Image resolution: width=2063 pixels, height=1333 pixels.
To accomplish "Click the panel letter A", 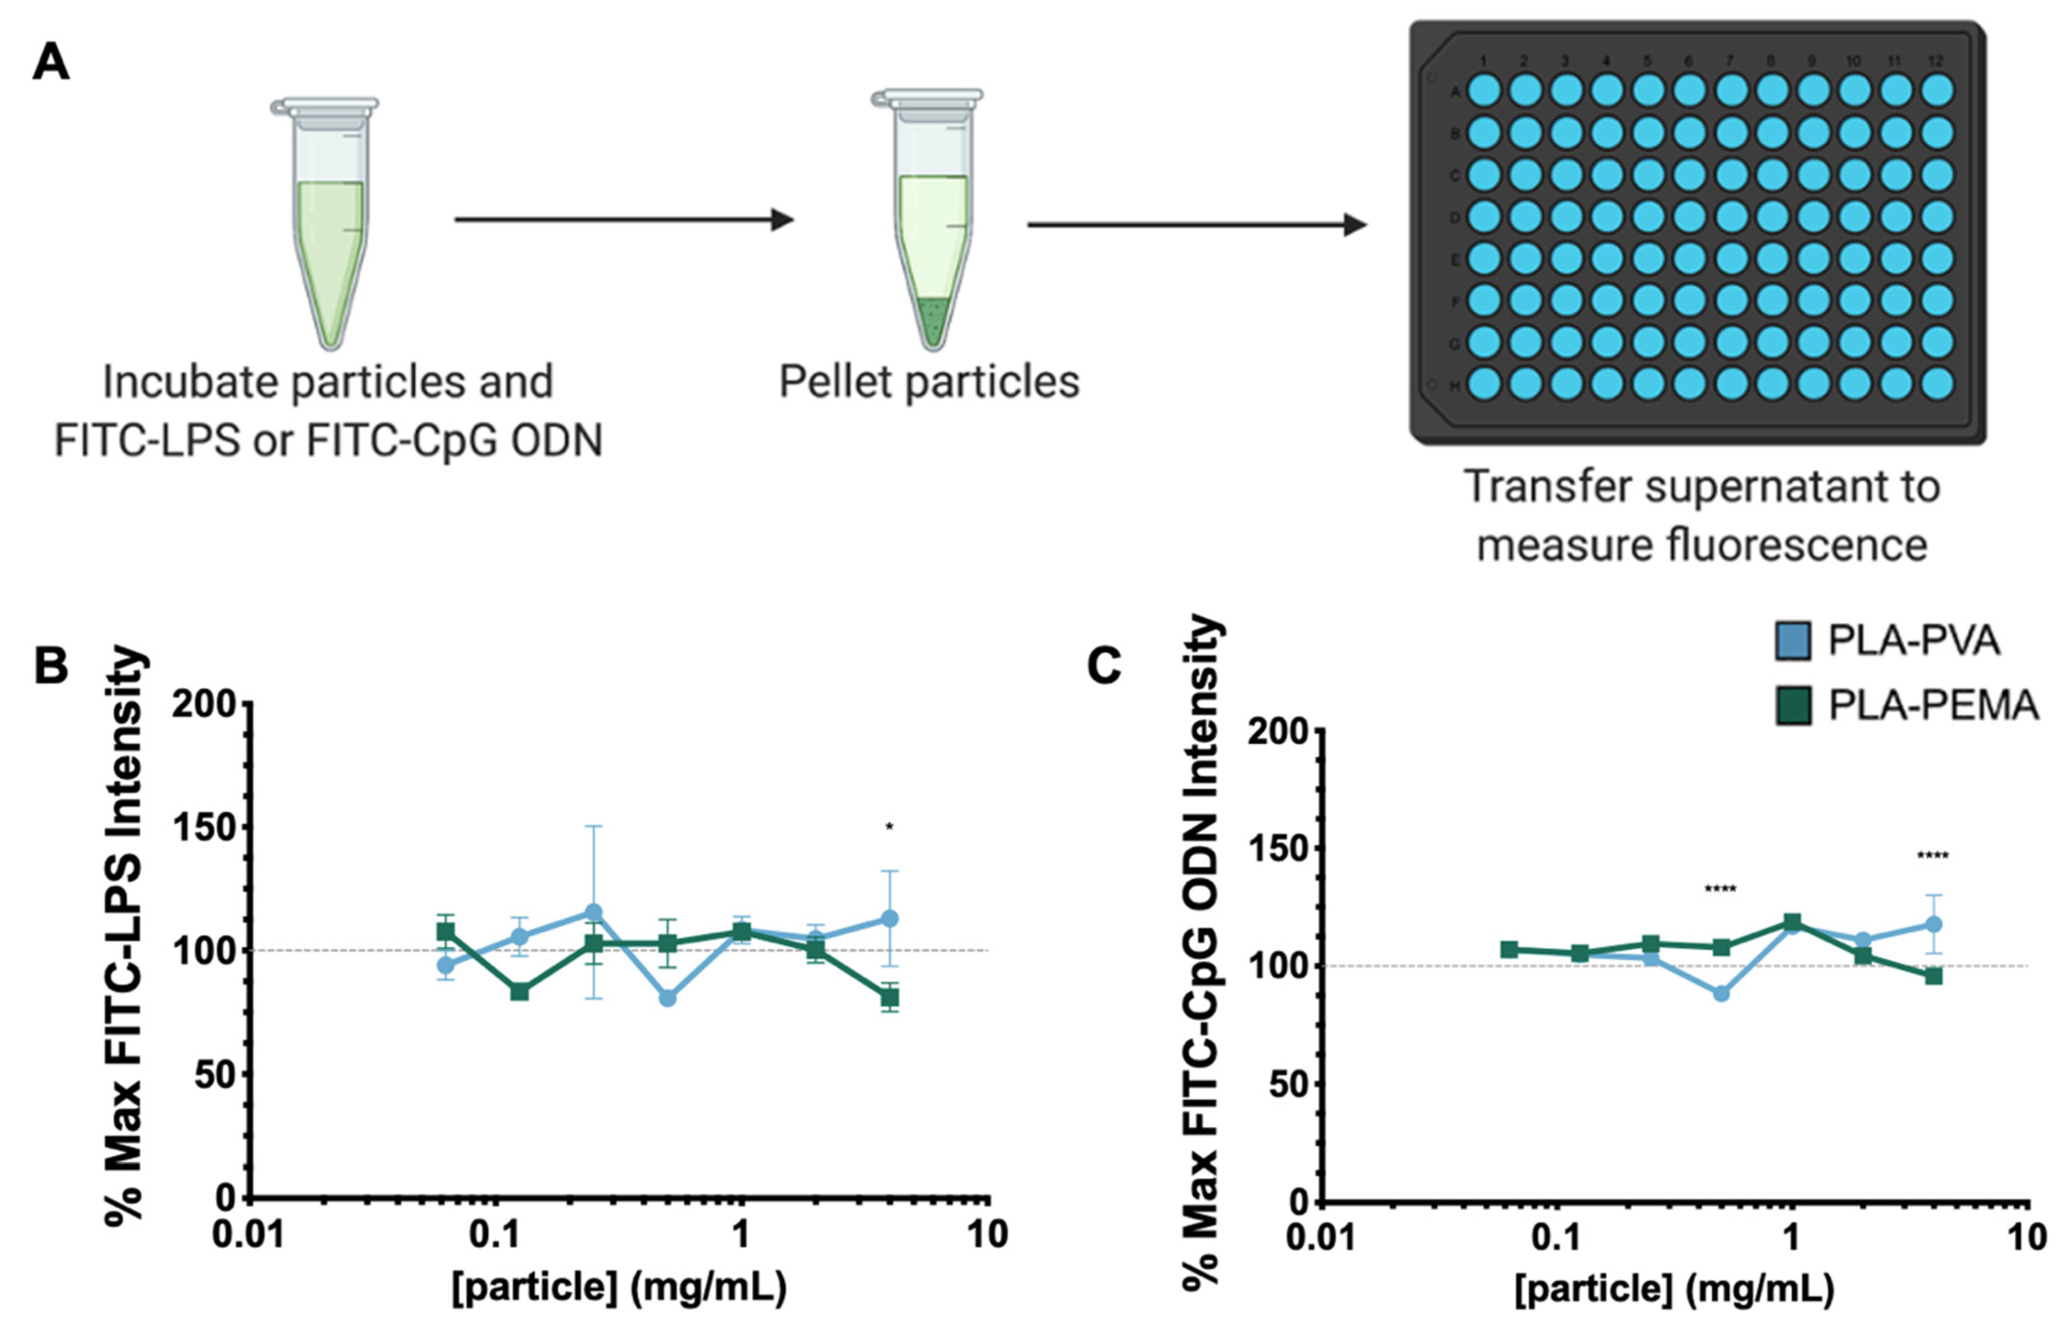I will tap(50, 63).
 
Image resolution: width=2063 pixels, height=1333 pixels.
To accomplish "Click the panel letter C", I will tap(1104, 666).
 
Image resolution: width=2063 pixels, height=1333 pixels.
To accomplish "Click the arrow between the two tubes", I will tap(623, 220).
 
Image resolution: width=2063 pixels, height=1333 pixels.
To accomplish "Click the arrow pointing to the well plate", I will tap(1195, 225).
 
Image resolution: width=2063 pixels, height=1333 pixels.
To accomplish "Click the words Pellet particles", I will tap(929, 382).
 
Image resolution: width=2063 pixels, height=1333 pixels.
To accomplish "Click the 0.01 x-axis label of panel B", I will tap(249, 1235).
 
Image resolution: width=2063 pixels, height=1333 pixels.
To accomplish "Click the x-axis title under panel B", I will tap(619, 1287).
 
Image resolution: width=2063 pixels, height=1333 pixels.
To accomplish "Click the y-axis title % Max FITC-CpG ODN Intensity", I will tap(1202, 952).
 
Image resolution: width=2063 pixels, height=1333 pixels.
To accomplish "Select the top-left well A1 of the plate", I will tap(1483, 90).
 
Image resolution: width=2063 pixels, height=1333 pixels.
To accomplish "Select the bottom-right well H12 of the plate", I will tap(1937, 383).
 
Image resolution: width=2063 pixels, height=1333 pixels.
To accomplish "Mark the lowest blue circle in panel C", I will tap(1721, 993).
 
